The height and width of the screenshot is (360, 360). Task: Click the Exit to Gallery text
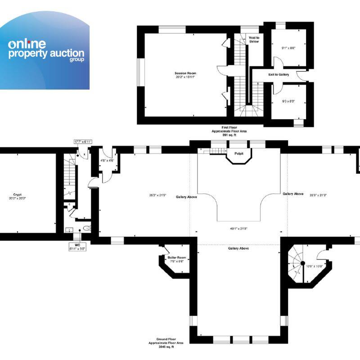coord(279,74)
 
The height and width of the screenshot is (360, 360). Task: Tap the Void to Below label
coord(255,40)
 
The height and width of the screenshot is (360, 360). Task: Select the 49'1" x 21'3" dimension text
coord(239,229)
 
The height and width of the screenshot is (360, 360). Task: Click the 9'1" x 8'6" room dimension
coord(288,48)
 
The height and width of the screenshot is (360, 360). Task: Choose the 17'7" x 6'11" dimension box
coord(83,142)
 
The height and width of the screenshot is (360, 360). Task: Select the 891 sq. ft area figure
coord(229,135)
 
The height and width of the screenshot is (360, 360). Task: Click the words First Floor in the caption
coord(229,128)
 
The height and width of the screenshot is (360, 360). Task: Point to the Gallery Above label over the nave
coord(238,248)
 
